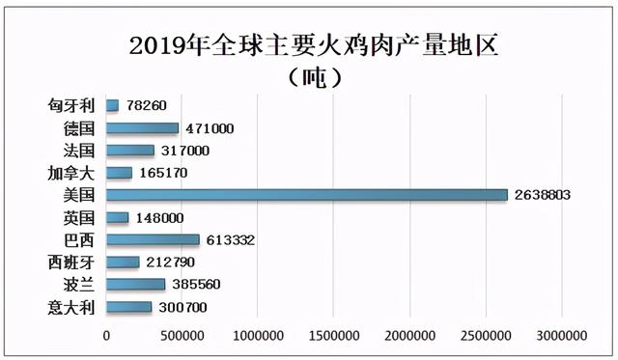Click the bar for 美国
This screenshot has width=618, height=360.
coord(306,195)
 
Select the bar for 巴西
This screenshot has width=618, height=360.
coord(153,239)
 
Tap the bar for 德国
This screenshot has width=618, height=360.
coord(142,128)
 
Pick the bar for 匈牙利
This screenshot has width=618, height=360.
coord(112,105)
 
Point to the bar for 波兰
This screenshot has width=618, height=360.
coord(135,285)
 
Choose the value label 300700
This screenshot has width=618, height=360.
coord(181,308)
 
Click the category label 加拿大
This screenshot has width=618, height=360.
coord(70,173)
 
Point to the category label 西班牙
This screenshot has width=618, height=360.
coord(70,262)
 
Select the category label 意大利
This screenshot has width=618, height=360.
coord(70,308)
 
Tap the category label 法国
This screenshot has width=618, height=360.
coord(77,151)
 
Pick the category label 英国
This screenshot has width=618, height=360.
coord(77,217)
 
